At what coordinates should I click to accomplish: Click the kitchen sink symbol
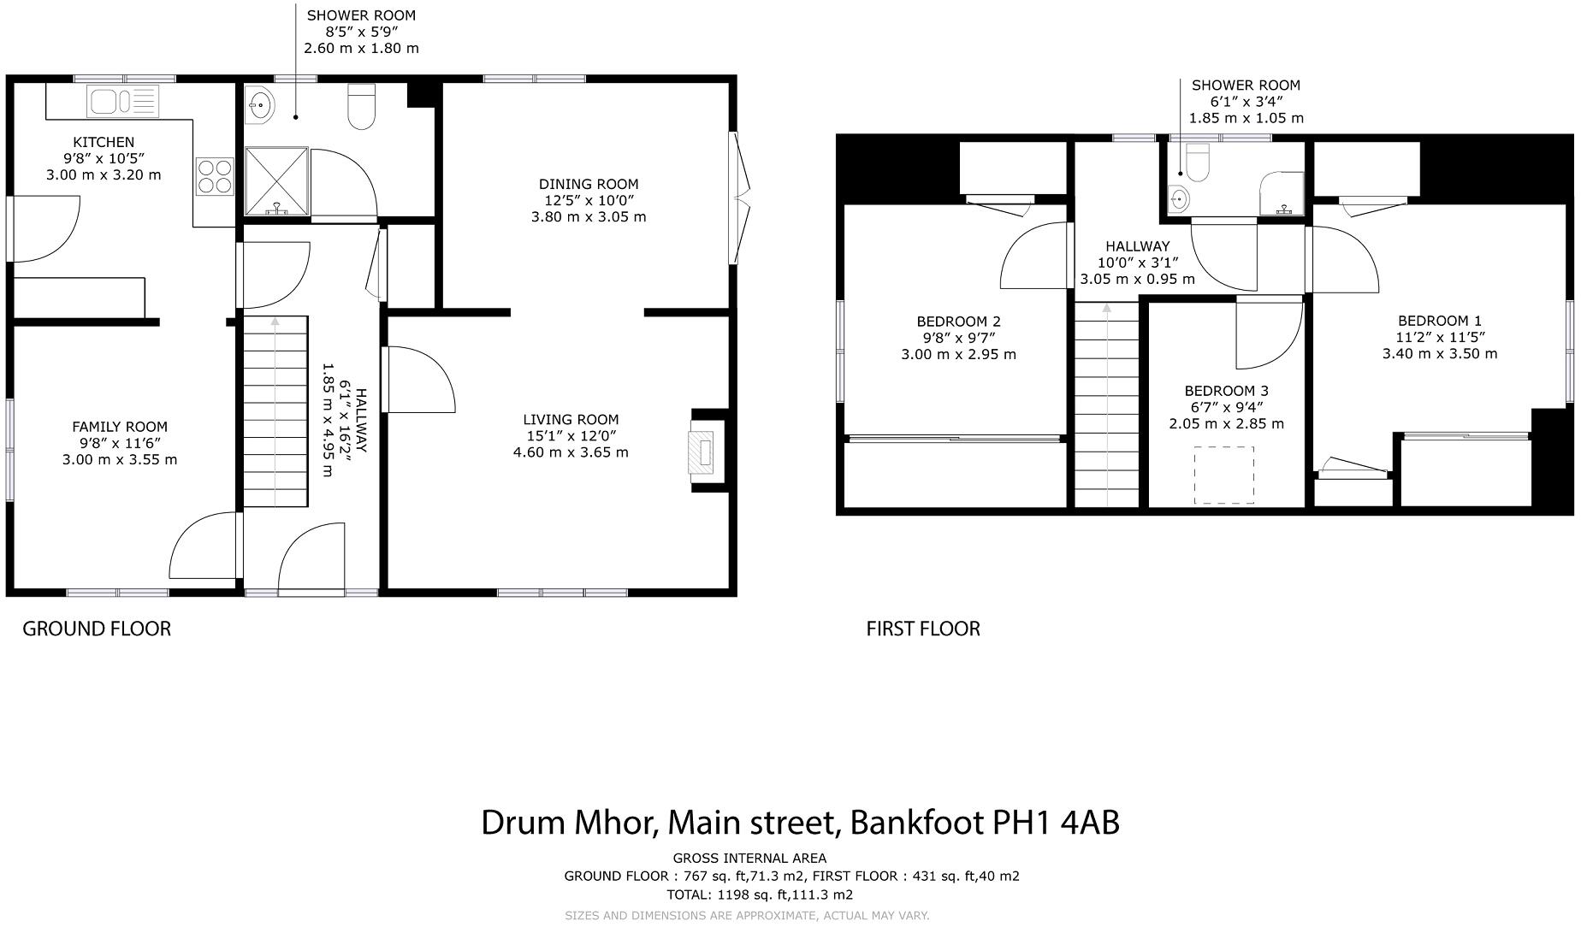(x=122, y=101)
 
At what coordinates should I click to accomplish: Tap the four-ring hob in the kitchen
(x=215, y=175)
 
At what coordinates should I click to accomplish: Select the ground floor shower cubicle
(x=276, y=180)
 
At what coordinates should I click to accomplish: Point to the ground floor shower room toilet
(x=362, y=107)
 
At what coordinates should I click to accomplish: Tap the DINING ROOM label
(x=589, y=184)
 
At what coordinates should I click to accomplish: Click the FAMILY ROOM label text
(x=120, y=427)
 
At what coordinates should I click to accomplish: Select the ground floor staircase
(x=275, y=411)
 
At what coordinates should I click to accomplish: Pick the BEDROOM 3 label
(x=1226, y=391)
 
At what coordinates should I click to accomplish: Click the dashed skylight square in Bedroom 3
(x=1224, y=475)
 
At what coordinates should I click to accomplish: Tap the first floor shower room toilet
(x=1198, y=162)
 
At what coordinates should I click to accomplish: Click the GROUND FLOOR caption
(x=97, y=629)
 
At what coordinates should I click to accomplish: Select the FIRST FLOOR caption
(x=923, y=629)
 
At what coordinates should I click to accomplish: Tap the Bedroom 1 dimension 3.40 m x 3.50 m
(x=1440, y=353)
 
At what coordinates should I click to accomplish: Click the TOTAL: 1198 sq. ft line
(x=760, y=895)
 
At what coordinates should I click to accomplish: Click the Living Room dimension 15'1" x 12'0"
(x=571, y=435)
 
